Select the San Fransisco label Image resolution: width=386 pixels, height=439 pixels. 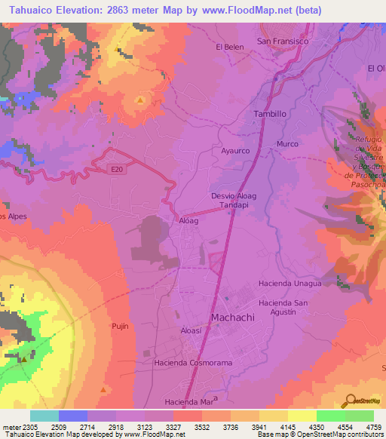pyautogui.click(x=283, y=41)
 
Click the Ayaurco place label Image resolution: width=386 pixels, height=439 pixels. pyautogui.click(x=234, y=151)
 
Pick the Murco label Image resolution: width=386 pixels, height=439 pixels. pyautogui.click(x=287, y=143)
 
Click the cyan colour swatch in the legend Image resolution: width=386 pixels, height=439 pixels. pyautogui.click(x=44, y=416)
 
